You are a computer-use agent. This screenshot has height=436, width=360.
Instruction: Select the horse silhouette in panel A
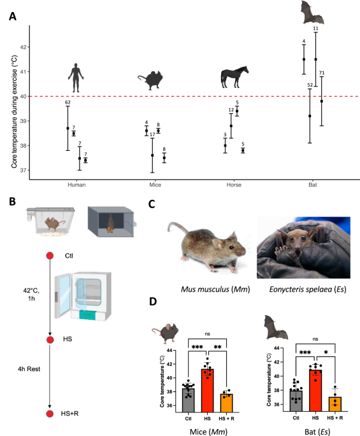point(231,78)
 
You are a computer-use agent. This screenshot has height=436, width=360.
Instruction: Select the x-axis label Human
point(76,185)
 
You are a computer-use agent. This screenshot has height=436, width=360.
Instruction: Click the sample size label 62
point(68,102)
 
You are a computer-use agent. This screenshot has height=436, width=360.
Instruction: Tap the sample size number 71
point(322,73)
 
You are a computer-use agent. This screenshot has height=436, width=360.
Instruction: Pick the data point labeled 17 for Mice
point(152,155)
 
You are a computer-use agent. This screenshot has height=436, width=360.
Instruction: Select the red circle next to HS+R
point(49,414)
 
